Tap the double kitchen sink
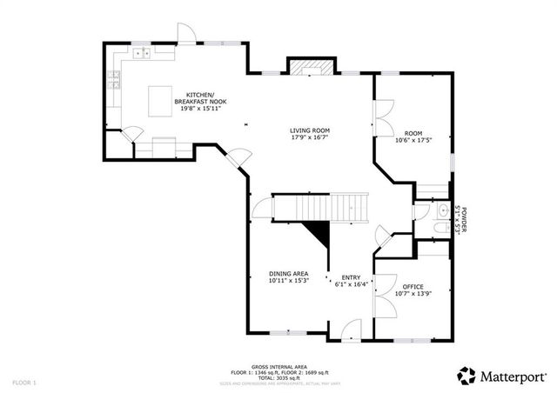[144, 54]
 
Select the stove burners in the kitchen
[113, 83]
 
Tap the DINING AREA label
[287, 275]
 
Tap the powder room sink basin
[442, 210]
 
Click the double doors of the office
[381, 301]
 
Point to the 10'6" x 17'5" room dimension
[413, 140]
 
